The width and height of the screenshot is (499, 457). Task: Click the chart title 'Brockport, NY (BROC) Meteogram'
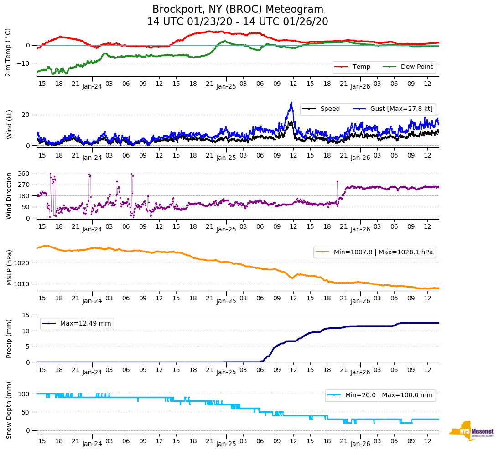click(238, 10)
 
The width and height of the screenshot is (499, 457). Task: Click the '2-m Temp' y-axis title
click(8, 52)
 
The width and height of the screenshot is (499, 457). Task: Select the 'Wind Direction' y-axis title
click(9, 196)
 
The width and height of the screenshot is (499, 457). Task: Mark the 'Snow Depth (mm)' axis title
click(9, 411)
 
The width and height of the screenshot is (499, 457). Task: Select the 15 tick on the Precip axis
click(26, 315)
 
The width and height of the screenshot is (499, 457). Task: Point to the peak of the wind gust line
click(291, 103)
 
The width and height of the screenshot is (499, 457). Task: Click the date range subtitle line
click(238, 22)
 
